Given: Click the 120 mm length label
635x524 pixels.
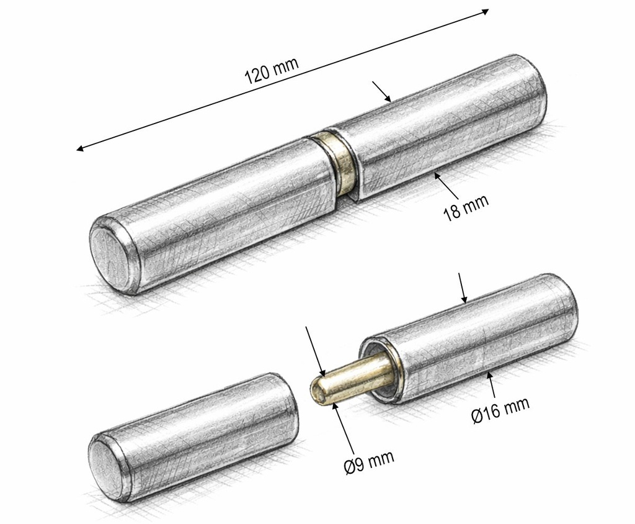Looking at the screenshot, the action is [x=272, y=70].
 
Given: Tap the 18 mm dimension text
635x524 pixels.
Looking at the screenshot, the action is [x=466, y=207].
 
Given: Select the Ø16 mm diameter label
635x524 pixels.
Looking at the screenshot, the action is [x=500, y=410].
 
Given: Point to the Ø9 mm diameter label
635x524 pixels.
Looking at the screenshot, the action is [x=369, y=462].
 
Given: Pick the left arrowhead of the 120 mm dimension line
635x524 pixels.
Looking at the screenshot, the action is [x=81, y=148].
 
